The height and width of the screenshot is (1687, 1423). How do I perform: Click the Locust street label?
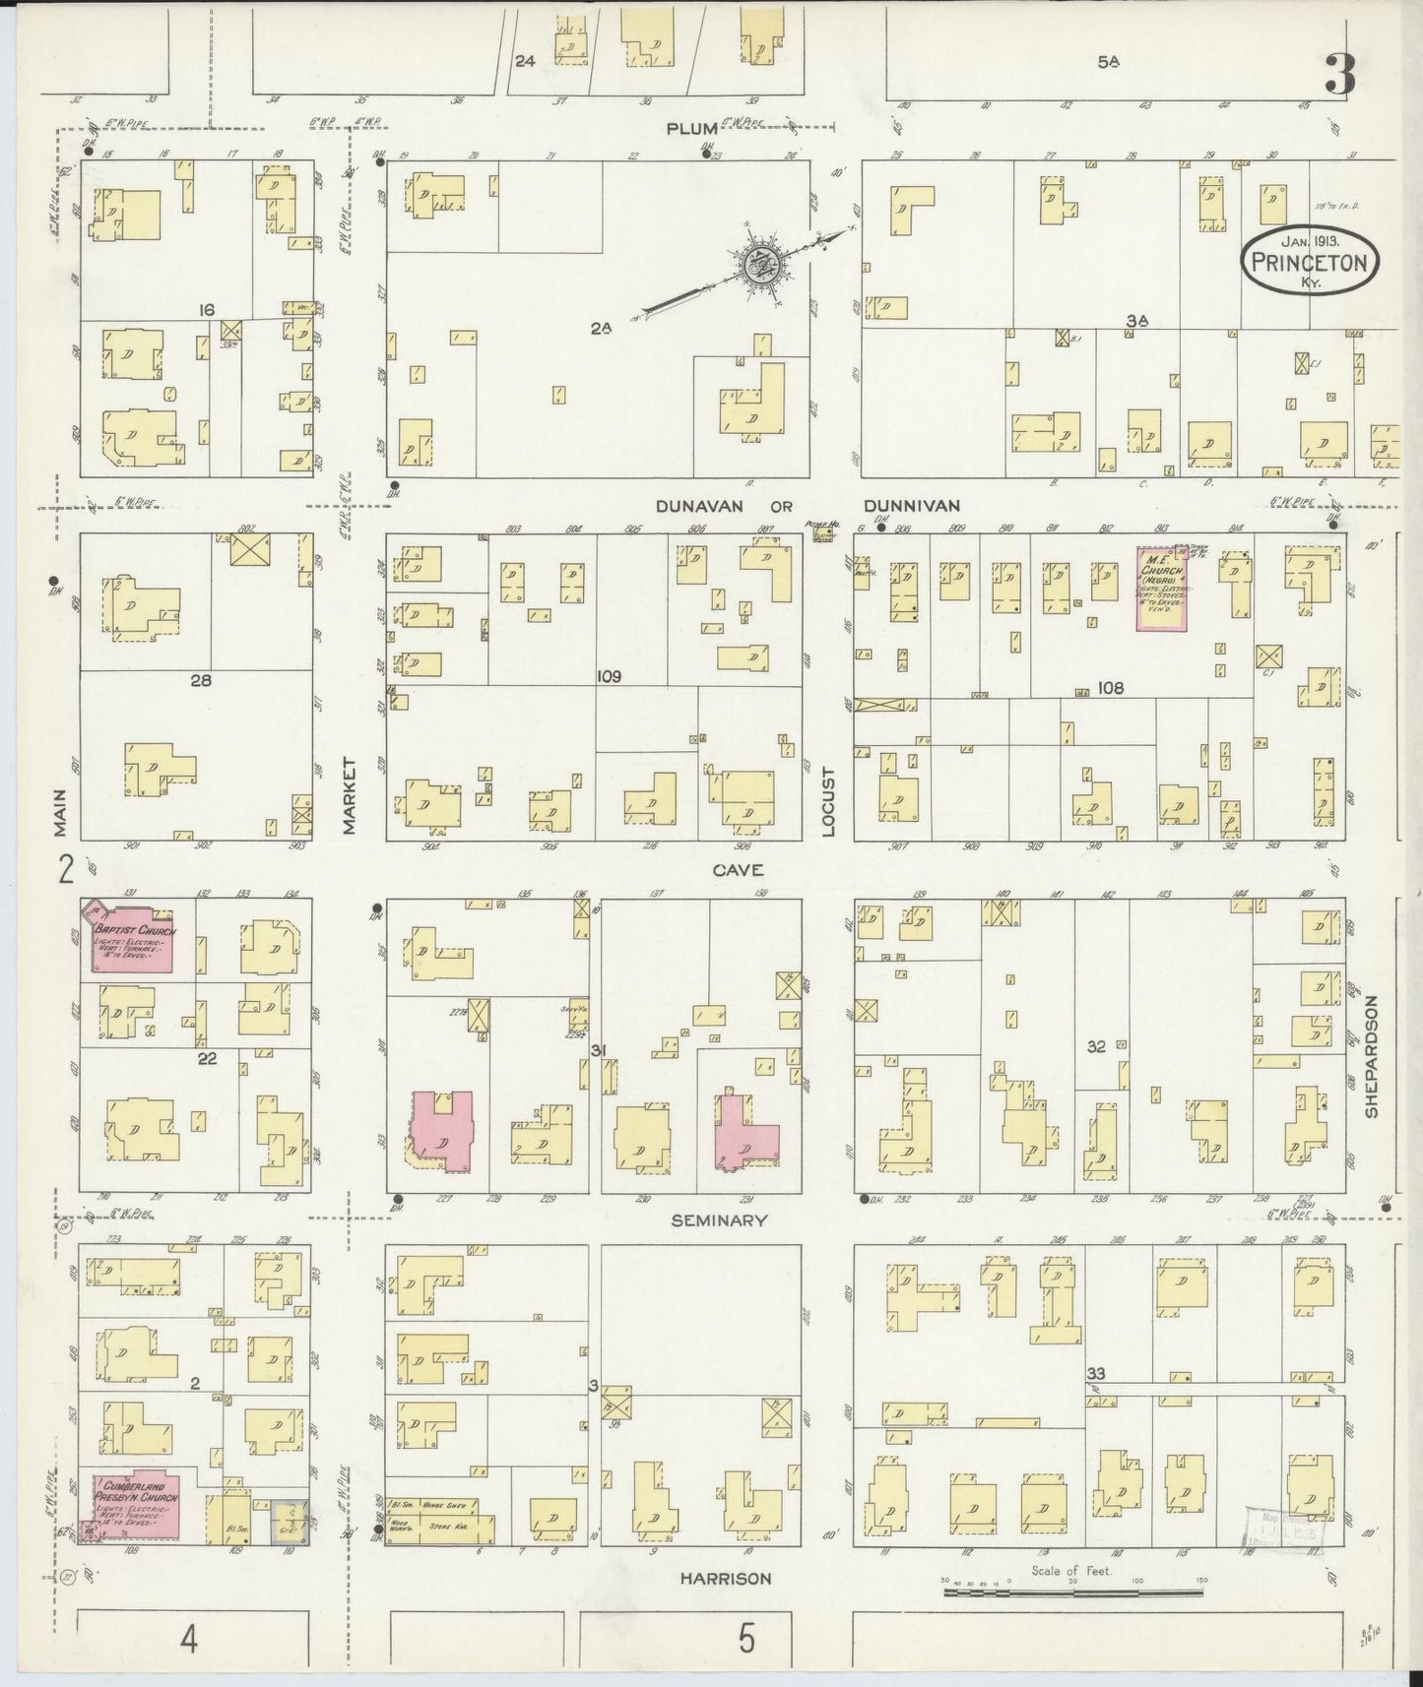827,802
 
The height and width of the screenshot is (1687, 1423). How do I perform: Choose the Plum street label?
689,129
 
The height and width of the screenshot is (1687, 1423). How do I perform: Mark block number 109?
609,677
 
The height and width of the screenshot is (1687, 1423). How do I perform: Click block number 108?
1110,689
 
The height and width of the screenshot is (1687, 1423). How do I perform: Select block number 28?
202,679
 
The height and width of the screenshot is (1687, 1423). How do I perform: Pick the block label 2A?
601,329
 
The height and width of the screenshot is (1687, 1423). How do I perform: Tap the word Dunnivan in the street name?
911,506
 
